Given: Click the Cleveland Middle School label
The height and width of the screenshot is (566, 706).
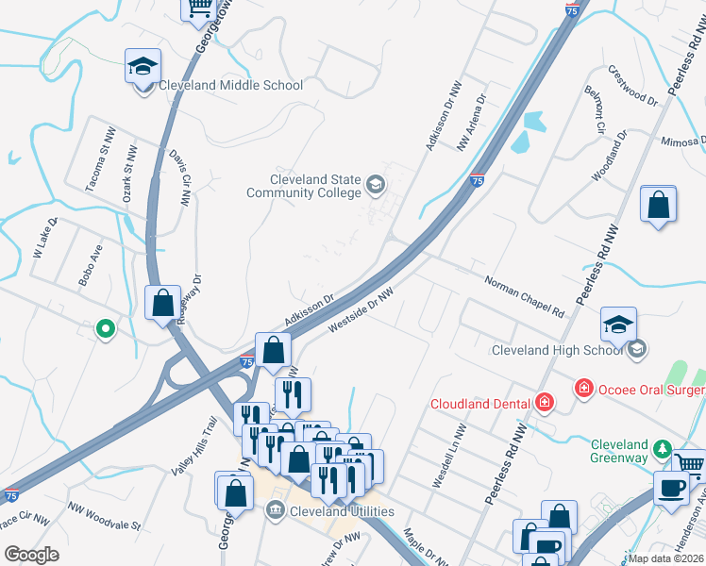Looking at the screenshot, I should coord(231,86).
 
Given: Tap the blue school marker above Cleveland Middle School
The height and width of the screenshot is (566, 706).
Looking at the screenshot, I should coord(143,69).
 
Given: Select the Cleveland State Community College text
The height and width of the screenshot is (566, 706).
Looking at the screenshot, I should coord(304,186).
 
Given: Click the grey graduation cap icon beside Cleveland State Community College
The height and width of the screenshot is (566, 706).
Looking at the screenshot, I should coord(376,184).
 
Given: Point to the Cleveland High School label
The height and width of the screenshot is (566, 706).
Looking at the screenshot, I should coord(557,351).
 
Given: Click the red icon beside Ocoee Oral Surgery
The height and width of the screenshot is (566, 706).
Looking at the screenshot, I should coord(584,389).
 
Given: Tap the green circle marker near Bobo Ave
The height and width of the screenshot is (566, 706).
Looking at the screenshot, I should coord(106,329).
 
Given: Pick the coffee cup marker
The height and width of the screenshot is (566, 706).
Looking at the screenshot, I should coord(672,489).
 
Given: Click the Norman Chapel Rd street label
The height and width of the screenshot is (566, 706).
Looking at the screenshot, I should coord(524,296).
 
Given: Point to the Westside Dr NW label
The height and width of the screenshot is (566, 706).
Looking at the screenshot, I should coord(360,310).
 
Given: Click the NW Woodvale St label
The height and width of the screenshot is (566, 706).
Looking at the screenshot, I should coord(104,515).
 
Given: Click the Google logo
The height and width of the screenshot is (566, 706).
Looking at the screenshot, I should coord(32,555).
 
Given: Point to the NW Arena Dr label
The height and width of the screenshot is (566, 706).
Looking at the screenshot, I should coord(470,122).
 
